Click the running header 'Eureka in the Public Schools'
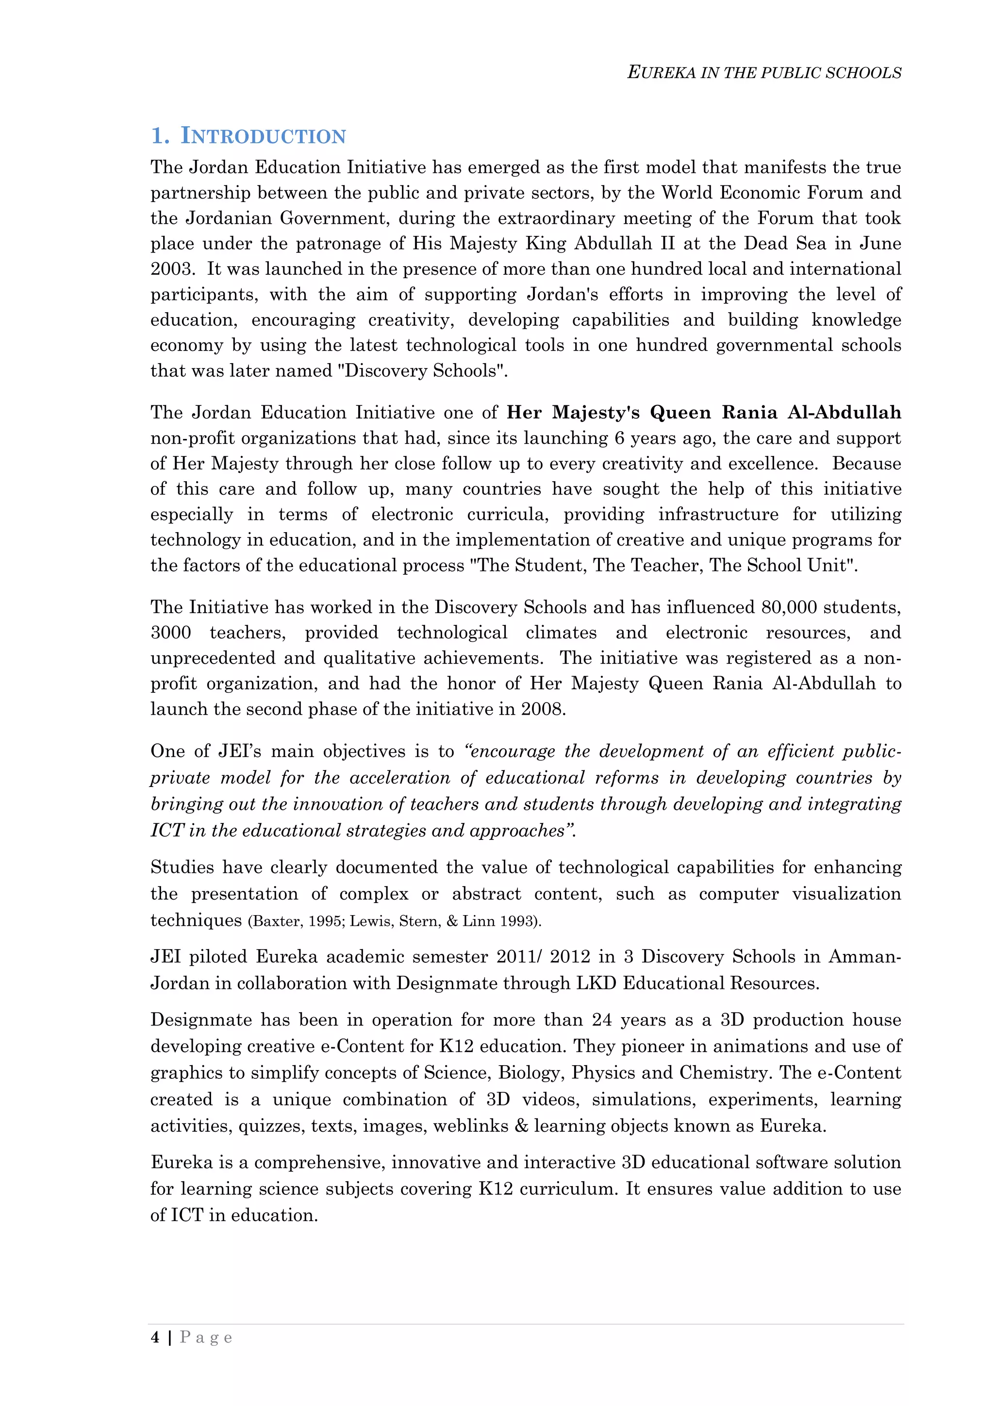764,73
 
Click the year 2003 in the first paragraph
172,269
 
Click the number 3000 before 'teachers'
171,633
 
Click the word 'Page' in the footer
206,1338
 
